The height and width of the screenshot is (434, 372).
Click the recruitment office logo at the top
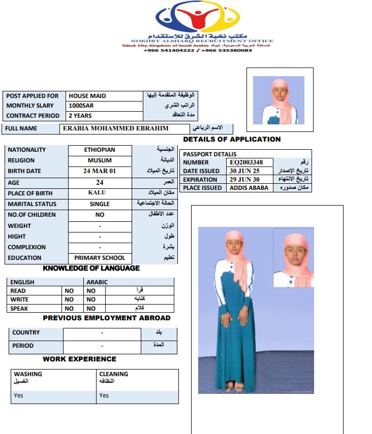(x=197, y=18)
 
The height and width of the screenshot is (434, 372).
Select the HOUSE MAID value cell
(x=87, y=95)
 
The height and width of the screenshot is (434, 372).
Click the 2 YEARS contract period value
(x=80, y=116)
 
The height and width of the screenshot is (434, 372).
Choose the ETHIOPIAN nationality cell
(x=100, y=150)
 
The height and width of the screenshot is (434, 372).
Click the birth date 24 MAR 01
(x=100, y=171)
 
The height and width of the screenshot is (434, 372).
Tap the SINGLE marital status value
(x=100, y=204)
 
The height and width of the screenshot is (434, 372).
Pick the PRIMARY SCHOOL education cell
(x=100, y=258)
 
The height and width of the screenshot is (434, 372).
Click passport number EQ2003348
(x=247, y=162)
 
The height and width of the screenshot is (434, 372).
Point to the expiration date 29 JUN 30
(x=244, y=179)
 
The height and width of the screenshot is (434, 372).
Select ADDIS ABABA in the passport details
(x=249, y=188)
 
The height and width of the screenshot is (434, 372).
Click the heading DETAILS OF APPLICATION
(x=232, y=139)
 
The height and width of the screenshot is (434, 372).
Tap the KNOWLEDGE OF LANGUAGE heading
(x=91, y=268)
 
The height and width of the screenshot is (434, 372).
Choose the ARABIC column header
(x=97, y=282)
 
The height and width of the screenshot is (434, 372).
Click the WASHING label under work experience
(x=28, y=374)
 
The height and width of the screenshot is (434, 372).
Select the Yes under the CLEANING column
(x=104, y=395)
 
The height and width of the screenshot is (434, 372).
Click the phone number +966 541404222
(x=169, y=50)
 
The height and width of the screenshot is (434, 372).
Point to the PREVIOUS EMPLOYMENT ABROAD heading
(x=107, y=318)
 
